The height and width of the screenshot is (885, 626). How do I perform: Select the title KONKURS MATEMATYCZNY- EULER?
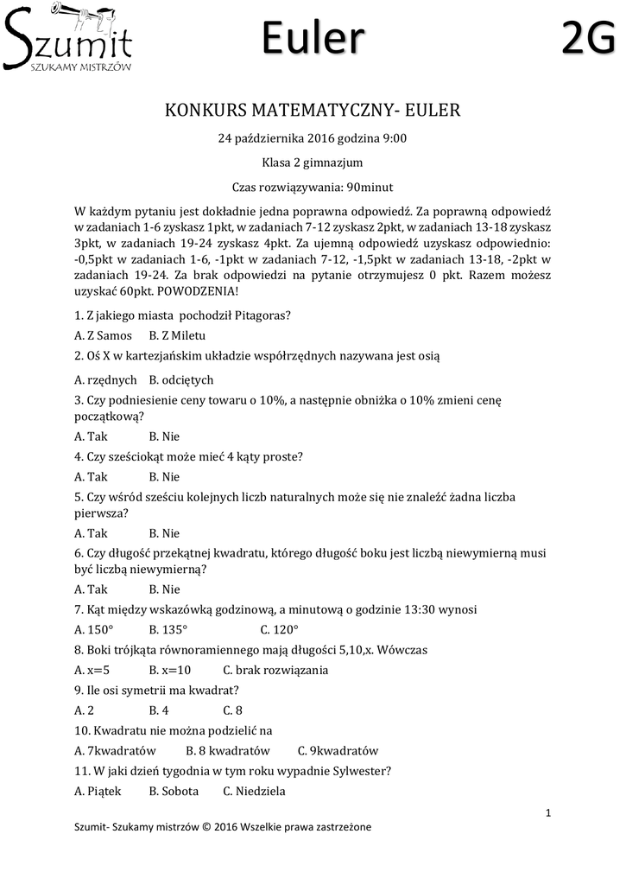313,111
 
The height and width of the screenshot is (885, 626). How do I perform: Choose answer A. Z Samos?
104,335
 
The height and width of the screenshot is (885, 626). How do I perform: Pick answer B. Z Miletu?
177,335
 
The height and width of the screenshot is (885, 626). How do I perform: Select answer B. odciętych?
181,379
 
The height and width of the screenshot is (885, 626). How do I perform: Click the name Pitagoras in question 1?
262,315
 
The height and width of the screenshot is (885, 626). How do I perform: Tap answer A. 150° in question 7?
95,629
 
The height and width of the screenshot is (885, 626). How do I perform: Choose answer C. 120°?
279,629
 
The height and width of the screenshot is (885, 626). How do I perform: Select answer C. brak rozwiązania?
275,670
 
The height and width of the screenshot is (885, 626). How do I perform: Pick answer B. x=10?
170,670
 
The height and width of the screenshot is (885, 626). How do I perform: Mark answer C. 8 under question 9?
232,710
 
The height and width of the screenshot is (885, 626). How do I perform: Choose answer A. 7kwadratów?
116,751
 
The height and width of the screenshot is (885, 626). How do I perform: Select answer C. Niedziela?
254,791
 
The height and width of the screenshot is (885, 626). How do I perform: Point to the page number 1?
548,812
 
